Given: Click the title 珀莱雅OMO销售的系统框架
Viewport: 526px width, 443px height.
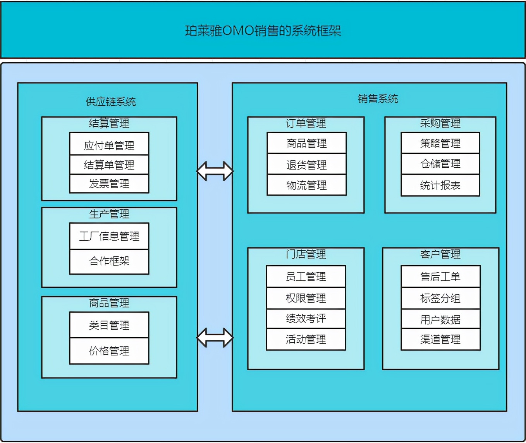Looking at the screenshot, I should point(263,31).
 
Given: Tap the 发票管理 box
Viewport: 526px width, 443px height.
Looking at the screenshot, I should point(109,184).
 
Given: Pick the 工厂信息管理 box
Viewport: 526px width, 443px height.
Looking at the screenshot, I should point(109,236).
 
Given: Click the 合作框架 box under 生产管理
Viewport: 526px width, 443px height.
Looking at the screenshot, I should point(109,261).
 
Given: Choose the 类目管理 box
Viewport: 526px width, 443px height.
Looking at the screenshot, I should point(109,325).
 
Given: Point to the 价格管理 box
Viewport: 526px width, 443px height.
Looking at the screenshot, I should point(109,351).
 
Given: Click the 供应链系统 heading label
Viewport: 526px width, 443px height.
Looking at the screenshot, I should point(111,102).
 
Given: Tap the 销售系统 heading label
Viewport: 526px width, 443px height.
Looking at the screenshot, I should point(378,99).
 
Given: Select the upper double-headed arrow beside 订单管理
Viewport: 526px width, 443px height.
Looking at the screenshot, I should point(215,171).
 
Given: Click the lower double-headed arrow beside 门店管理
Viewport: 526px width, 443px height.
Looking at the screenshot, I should point(215,338).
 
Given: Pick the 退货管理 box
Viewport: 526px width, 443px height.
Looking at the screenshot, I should point(306,165).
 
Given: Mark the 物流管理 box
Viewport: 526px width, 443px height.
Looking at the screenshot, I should point(306,185).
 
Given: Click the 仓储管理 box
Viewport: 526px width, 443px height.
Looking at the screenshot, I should point(440,164).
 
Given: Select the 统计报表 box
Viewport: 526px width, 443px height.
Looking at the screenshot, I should point(440,185).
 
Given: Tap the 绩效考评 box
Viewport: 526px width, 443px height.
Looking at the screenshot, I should point(306,319).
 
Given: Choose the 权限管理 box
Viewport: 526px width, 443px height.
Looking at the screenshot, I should point(306,298).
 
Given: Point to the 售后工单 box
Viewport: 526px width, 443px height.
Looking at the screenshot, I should point(440,276).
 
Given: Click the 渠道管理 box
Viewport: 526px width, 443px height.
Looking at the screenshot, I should point(440,340).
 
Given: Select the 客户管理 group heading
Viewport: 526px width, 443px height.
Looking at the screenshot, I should point(440,254).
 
